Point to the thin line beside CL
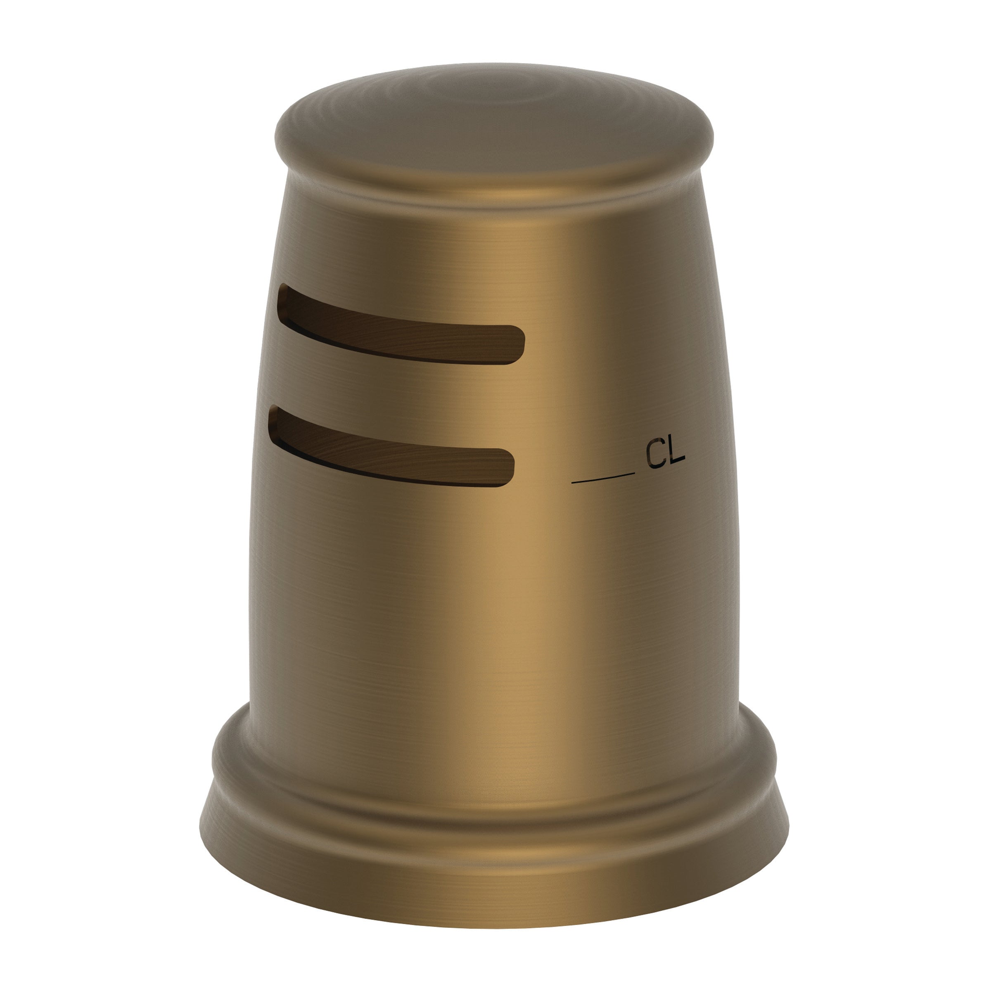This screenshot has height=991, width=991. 603,479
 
